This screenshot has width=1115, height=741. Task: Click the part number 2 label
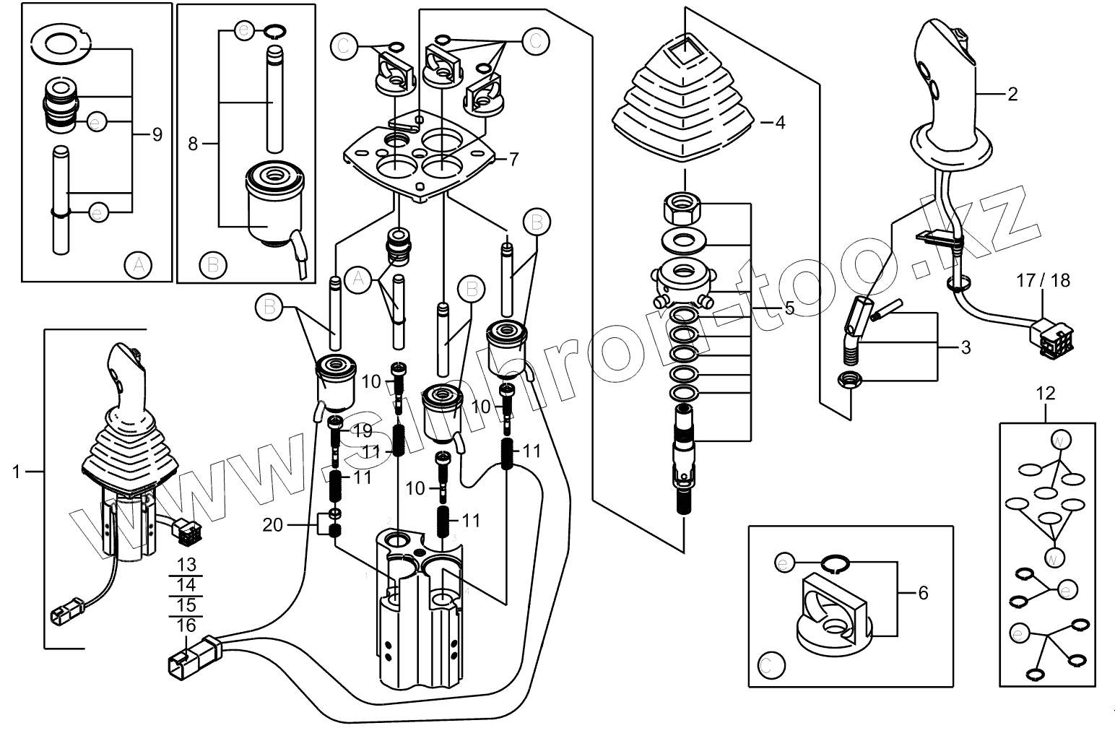click(1012, 95)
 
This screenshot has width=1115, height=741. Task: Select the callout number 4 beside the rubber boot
click(779, 122)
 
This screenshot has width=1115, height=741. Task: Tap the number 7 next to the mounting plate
click(513, 159)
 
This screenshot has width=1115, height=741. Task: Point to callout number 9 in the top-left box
click(157, 134)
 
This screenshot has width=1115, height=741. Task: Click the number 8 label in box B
click(193, 144)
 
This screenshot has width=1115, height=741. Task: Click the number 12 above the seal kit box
click(1045, 394)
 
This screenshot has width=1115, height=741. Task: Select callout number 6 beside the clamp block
click(922, 593)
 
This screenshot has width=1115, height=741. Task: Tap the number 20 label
click(272, 525)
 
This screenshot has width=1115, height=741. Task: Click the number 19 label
click(362, 431)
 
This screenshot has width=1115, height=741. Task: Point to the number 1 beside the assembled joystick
click(16, 472)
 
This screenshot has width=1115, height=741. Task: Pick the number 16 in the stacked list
click(186, 625)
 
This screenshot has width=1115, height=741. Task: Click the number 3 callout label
click(966, 348)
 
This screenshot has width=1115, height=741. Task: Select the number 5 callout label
click(789, 308)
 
